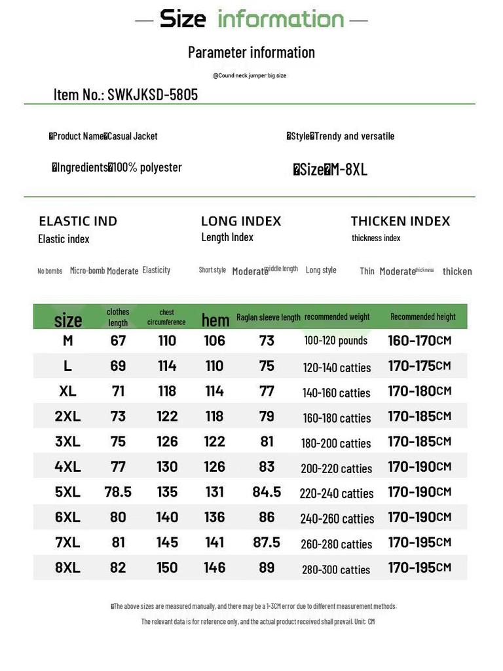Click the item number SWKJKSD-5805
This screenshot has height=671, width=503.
click(x=153, y=95)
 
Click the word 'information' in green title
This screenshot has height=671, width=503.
click(x=280, y=19)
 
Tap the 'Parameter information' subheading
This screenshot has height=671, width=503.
click(x=251, y=52)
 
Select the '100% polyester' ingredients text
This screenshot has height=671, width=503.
click(x=147, y=167)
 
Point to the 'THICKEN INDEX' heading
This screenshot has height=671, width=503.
click(x=400, y=221)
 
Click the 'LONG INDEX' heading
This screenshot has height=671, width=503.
click(x=241, y=221)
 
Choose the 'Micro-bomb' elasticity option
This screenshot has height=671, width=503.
click(x=87, y=270)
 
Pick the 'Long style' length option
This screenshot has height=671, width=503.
click(x=321, y=270)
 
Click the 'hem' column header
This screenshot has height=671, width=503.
click(x=215, y=320)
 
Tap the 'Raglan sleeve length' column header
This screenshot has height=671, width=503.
click(x=269, y=317)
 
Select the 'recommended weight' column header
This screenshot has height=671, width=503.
click(x=337, y=317)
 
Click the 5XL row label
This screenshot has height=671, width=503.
click(x=67, y=492)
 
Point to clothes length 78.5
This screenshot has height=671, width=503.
click(x=118, y=492)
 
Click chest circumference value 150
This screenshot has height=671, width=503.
click(x=167, y=567)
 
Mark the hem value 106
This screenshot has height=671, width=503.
click(x=214, y=341)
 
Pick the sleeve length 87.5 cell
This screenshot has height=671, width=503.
click(x=267, y=543)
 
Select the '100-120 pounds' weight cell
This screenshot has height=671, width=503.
click(x=336, y=341)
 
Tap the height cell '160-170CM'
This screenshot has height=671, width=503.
click(x=419, y=341)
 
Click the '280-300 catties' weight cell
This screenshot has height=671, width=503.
click(x=336, y=569)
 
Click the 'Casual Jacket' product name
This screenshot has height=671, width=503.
click(x=133, y=136)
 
